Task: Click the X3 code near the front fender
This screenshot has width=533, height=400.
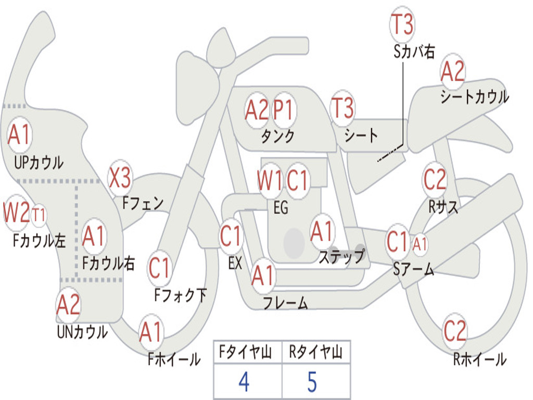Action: (120, 178)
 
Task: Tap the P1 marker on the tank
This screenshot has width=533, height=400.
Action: (284, 110)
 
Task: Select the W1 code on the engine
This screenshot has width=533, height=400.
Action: (270, 180)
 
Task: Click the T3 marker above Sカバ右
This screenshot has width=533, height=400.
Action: (402, 24)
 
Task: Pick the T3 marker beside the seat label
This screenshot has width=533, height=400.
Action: (342, 108)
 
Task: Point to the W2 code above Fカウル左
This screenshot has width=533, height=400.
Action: (16, 213)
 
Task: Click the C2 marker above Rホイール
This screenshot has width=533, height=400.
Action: (455, 331)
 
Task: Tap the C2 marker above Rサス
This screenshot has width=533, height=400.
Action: (435, 179)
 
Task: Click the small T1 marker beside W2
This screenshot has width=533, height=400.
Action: (39, 215)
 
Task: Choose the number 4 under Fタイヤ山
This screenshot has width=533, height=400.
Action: (244, 382)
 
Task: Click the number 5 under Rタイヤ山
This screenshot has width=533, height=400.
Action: (312, 382)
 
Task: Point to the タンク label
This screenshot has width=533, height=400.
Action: (277, 136)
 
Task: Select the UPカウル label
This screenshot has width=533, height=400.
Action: (39, 162)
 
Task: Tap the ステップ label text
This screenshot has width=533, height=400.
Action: (341, 256)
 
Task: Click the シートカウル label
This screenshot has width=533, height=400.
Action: (475, 96)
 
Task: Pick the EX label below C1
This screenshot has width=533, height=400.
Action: (235, 263)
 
